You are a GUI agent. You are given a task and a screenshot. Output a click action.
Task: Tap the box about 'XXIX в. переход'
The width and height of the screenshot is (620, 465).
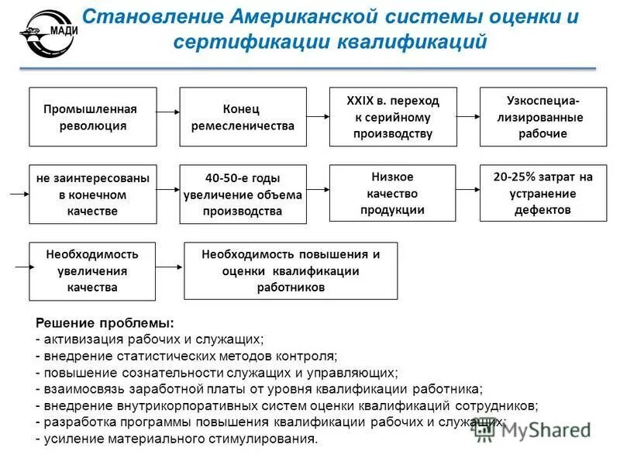point(393,117)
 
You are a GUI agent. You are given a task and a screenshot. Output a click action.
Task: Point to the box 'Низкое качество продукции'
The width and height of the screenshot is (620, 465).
point(393,194)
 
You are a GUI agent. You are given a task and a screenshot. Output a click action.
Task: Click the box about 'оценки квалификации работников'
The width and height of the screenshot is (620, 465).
point(291,270)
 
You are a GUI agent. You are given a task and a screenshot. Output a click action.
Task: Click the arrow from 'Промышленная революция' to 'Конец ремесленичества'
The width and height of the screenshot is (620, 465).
point(168,113)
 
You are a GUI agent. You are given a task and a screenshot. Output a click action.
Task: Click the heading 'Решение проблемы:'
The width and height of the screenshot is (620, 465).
point(105,322)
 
